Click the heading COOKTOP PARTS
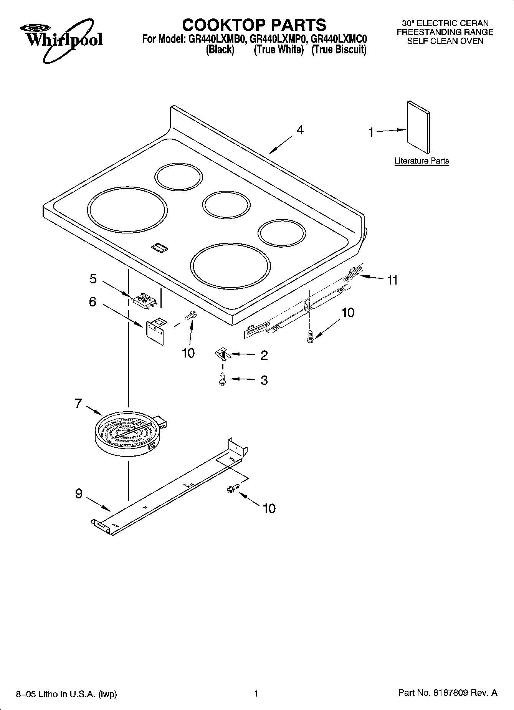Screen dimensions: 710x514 (x=254, y=25)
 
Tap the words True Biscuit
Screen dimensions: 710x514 (x=339, y=50)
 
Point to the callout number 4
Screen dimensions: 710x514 (x=300, y=130)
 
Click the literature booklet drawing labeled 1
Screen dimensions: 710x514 (x=418, y=127)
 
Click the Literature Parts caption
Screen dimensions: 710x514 (x=421, y=161)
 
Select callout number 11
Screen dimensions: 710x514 (x=392, y=280)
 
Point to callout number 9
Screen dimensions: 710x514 (x=79, y=493)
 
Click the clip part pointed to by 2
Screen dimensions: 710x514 (x=222, y=353)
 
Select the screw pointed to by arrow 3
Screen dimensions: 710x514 (x=222, y=379)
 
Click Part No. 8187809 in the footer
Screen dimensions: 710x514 (x=448, y=693)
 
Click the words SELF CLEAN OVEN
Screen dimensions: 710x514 (x=445, y=41)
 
